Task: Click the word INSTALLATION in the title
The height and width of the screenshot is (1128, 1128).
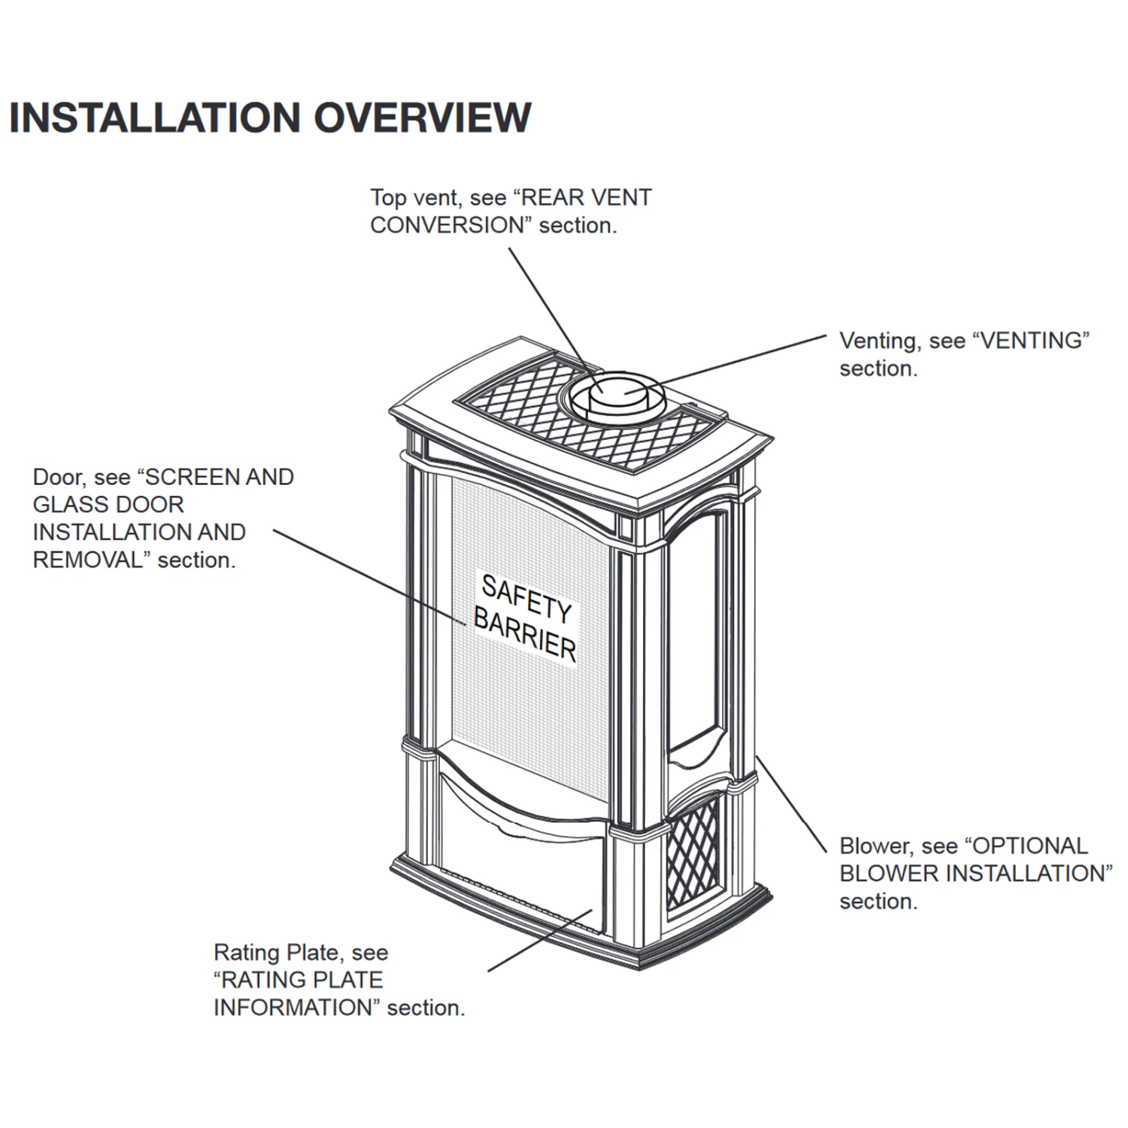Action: click(x=155, y=117)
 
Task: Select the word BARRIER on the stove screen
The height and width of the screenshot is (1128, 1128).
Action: click(x=525, y=636)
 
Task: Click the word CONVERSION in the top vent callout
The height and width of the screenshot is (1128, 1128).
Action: click(x=447, y=226)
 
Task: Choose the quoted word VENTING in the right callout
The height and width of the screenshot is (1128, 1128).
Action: click(x=1031, y=341)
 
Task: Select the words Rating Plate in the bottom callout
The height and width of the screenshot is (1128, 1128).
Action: click(x=276, y=953)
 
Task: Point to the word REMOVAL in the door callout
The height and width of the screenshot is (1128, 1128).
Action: click(x=87, y=560)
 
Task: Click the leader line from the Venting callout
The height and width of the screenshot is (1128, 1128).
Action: click(x=741, y=360)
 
